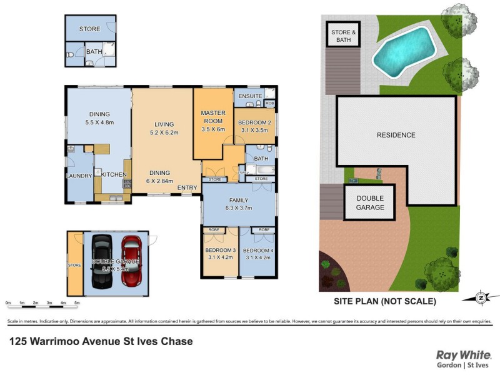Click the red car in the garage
[132, 261]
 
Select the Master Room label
[212, 117]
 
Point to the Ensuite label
[249, 96]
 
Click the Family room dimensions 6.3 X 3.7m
[238, 209]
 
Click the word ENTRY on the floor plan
[187, 187]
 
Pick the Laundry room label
[78, 176]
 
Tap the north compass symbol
[480, 297]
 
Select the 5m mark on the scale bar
[77, 303]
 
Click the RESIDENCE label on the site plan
[396, 135]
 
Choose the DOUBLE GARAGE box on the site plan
[370, 202]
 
